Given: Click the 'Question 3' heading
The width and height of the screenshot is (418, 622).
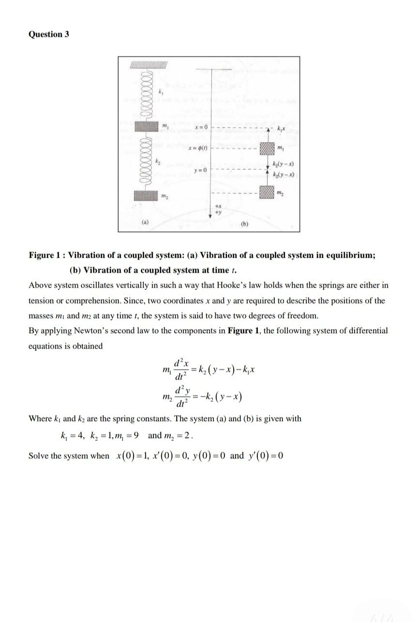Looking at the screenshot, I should click(49, 34).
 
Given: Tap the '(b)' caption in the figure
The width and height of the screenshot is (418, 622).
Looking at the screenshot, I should click(245, 224).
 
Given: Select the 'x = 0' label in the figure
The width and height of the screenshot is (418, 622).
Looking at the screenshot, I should click(200, 127).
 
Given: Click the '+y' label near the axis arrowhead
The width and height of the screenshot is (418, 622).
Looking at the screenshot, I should click(219, 211).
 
